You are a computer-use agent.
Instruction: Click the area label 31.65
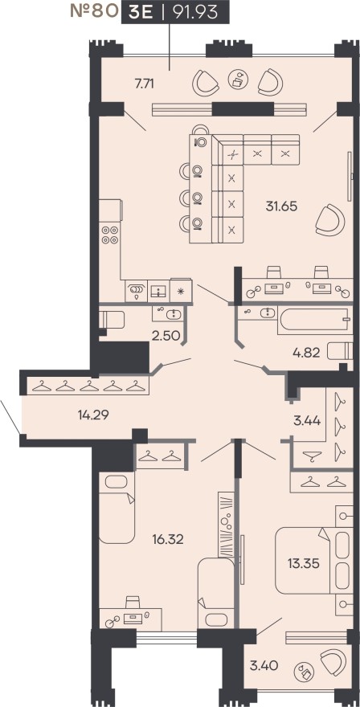click(281, 206)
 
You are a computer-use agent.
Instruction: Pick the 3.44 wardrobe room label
click(305, 419)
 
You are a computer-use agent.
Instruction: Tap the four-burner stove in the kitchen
click(109, 235)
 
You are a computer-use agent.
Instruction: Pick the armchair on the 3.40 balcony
click(329, 663)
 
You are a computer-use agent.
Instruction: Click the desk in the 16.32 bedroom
click(125, 615)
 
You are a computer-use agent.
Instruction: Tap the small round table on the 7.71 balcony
click(237, 79)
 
